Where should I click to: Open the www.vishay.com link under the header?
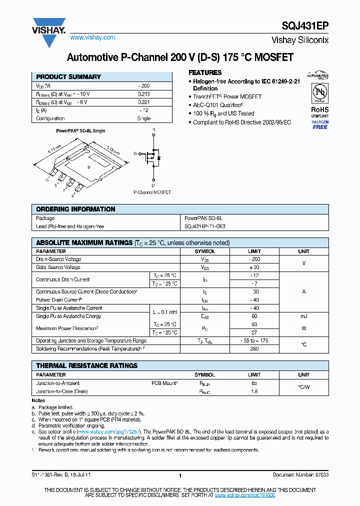click(92, 37)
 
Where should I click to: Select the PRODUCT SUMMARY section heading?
click(68, 77)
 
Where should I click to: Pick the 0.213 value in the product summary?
click(143, 94)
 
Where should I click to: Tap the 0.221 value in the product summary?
click(143, 102)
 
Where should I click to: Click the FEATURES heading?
click(205, 72)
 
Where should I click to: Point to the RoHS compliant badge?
click(320, 111)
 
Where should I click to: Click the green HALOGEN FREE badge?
click(320, 124)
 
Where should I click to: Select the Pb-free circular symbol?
click(320, 93)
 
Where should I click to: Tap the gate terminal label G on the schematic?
click(134, 153)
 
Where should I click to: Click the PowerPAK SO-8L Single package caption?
click(80, 130)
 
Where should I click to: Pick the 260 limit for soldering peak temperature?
click(254, 348)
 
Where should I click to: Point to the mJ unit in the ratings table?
click(303, 316)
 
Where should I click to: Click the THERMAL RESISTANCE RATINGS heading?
click(86, 365)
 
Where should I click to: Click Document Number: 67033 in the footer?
click(300, 475)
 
